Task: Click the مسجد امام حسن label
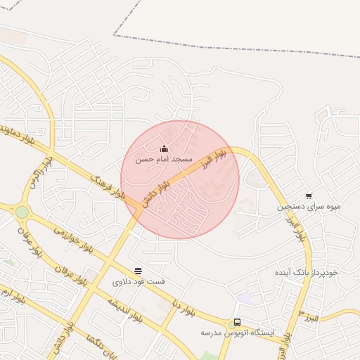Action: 164,160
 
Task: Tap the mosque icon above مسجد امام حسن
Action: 164,148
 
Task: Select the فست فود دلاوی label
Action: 139,281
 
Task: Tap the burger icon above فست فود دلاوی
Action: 139,271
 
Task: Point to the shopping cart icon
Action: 309,196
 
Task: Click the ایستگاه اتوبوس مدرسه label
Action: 237,332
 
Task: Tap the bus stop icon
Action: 237,322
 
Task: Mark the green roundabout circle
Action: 22,212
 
